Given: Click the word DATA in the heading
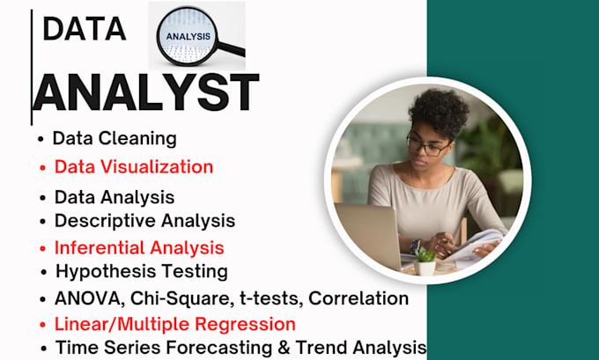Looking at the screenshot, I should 84,29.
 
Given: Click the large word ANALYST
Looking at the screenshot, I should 146,92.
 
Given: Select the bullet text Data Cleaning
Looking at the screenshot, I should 115,138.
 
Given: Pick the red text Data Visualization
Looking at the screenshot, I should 133,166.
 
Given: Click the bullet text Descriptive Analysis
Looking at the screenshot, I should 144,220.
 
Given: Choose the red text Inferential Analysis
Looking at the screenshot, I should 139,247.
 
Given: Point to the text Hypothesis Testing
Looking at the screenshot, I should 141,271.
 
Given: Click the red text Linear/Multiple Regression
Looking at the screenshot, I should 174,323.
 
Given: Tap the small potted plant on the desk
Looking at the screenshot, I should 425,261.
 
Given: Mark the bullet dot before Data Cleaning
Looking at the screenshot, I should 41,140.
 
